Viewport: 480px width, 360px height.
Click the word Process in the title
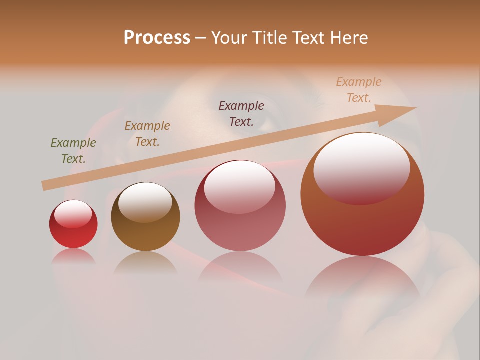[x=157, y=38]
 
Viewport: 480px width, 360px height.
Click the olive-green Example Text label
[x=73, y=151]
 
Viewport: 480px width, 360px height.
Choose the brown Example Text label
[x=147, y=134]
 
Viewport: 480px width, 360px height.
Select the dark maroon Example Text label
[x=241, y=113]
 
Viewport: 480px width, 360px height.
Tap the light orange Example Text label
[x=359, y=90]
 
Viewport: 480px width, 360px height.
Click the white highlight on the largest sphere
[x=361, y=168]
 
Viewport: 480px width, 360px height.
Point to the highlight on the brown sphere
[x=145, y=201]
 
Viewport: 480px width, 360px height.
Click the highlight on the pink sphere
[x=239, y=186]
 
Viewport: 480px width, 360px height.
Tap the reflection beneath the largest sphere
[x=362, y=280]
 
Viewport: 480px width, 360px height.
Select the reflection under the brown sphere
[x=145, y=262]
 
